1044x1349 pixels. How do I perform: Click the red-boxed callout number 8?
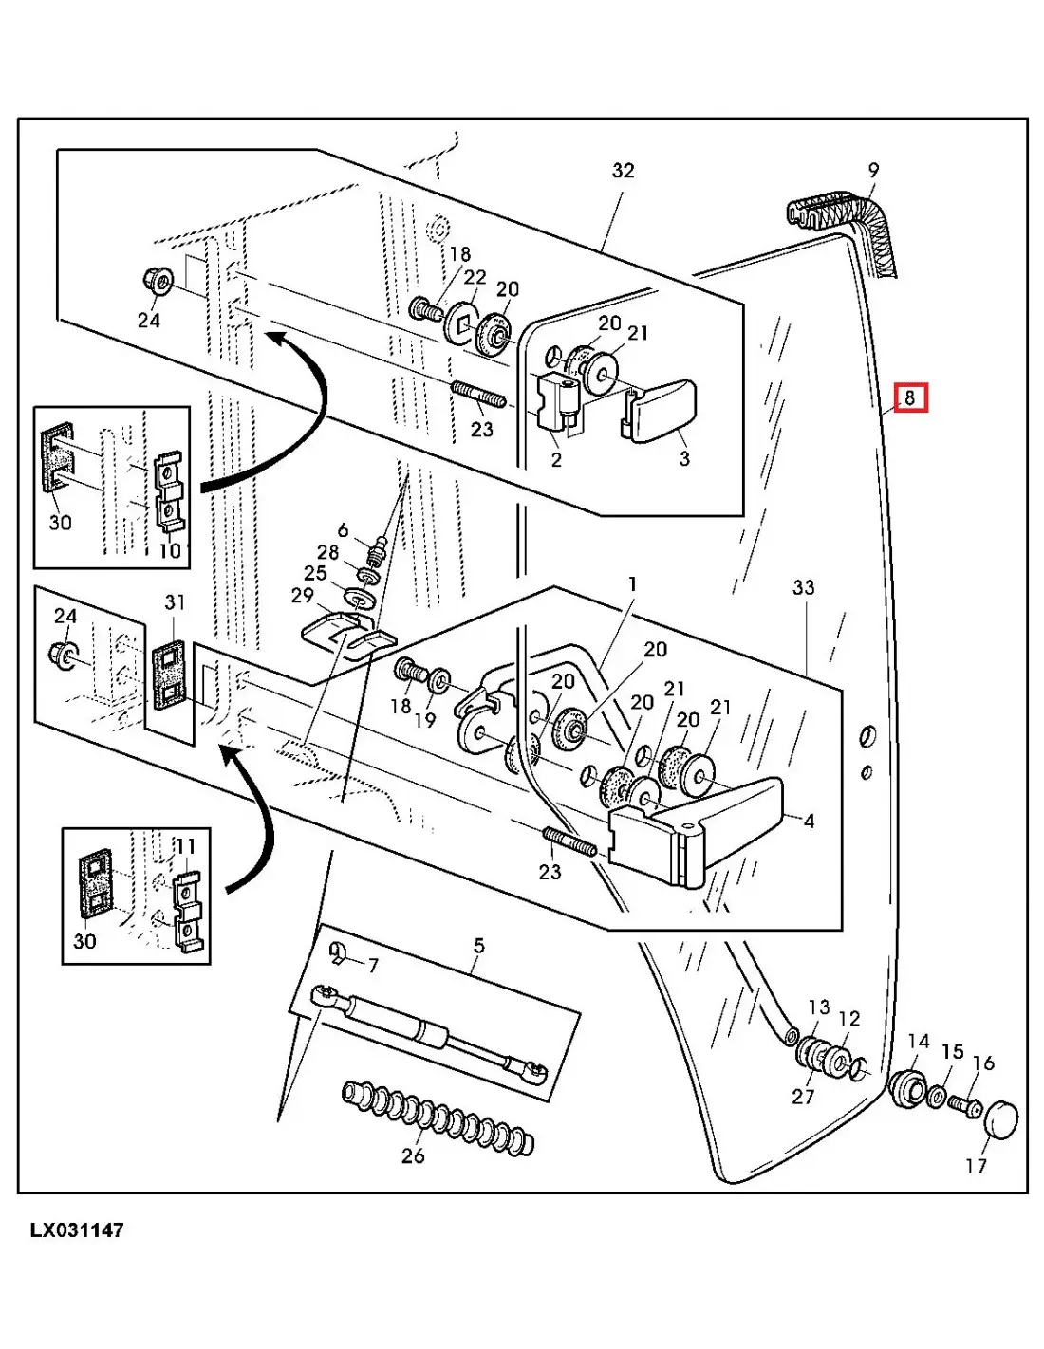click(909, 397)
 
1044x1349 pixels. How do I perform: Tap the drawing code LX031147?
click(77, 1230)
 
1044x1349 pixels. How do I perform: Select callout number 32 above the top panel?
click(623, 171)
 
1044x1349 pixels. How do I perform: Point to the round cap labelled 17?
click(1000, 1120)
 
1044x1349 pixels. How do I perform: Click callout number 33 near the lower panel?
click(803, 588)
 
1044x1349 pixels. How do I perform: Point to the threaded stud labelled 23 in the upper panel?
click(480, 395)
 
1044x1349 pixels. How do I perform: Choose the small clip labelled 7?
click(337, 952)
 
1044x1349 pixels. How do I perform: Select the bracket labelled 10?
click(169, 492)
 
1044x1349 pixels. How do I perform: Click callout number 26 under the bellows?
click(413, 1156)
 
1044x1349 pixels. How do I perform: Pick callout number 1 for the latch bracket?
click(632, 584)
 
